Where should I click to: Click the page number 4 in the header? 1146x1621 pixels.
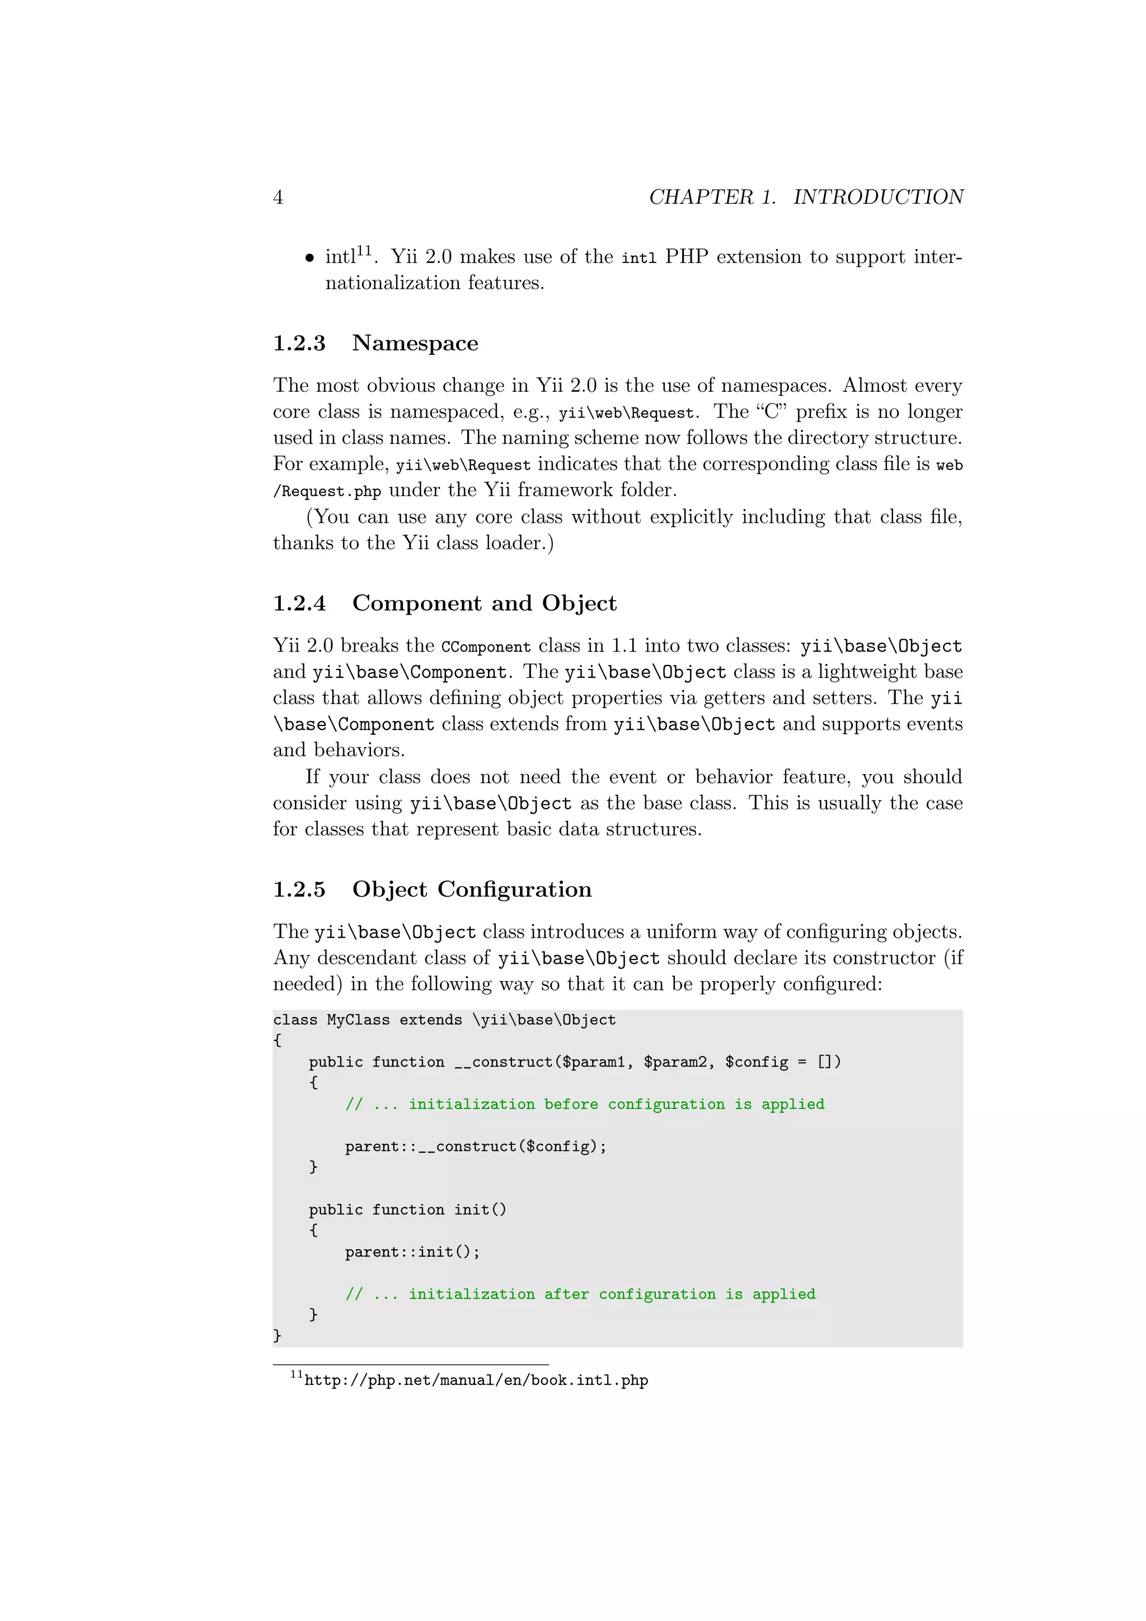point(278,198)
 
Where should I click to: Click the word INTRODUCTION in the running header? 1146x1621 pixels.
point(878,197)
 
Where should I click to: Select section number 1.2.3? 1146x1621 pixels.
point(299,343)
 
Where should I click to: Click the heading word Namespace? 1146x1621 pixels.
point(415,343)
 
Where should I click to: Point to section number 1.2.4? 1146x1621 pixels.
point(299,603)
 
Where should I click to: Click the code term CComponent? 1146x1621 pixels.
point(486,646)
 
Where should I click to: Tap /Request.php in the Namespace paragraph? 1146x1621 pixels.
point(327,491)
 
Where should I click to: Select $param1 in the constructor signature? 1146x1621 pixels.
point(593,1062)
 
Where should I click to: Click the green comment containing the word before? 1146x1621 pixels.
point(584,1104)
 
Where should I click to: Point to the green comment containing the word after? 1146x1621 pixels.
point(580,1294)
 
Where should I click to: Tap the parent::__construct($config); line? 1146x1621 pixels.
point(475,1146)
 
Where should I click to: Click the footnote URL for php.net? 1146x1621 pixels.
point(476,1380)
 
